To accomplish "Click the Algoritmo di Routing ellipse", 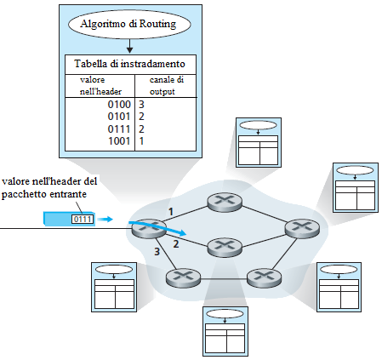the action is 129,24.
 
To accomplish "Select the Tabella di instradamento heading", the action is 129,64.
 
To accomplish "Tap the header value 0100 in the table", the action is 119,105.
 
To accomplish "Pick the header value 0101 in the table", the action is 119,117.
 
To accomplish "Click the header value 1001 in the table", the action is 119,141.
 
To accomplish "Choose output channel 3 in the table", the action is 141,105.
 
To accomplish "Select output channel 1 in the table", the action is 141,141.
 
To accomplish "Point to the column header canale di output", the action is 167,85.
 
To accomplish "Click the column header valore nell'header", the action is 100,85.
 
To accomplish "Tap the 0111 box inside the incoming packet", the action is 83,220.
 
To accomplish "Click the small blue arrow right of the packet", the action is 107,219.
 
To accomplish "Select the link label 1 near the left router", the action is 171,212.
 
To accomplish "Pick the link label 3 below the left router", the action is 157,251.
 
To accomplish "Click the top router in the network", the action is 225,202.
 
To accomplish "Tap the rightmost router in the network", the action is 302,228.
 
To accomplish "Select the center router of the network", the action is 225,248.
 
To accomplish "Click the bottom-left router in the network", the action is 183,278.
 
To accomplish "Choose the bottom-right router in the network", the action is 265,278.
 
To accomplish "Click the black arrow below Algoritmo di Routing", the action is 129,46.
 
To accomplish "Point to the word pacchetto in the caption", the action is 25,195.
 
